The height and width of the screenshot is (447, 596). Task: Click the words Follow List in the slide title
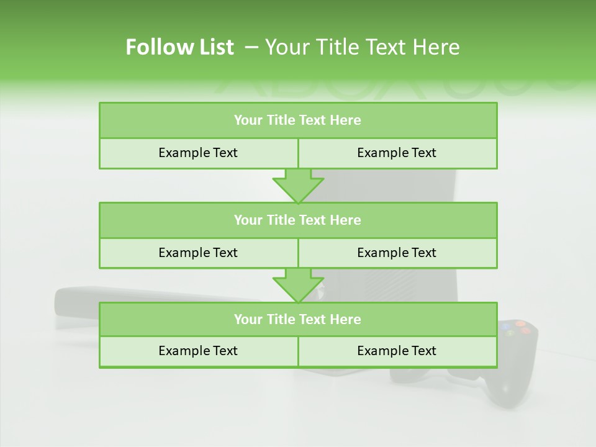[x=179, y=47]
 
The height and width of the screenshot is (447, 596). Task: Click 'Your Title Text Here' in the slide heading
[x=363, y=47]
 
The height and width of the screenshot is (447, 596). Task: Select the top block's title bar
[x=298, y=120]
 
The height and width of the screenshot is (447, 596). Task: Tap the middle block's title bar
[x=298, y=220]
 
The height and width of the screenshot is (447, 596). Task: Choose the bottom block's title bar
[x=298, y=319]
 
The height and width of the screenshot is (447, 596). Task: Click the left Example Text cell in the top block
[x=198, y=153]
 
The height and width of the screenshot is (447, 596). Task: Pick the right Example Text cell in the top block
[x=397, y=153]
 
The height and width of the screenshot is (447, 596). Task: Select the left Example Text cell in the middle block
[x=198, y=253]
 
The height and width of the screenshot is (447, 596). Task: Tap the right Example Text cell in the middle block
[x=397, y=253]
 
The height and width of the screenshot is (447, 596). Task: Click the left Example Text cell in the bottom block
[x=198, y=351]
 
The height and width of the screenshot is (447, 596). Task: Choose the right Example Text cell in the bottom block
[x=397, y=351]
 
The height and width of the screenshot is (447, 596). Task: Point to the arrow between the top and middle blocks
[x=298, y=186]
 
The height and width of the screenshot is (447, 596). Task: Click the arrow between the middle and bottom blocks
[x=298, y=285]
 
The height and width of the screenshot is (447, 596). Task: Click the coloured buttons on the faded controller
[x=517, y=328]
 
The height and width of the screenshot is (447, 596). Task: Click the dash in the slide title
[x=251, y=47]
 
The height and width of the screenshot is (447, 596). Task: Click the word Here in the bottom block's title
[x=346, y=319]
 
